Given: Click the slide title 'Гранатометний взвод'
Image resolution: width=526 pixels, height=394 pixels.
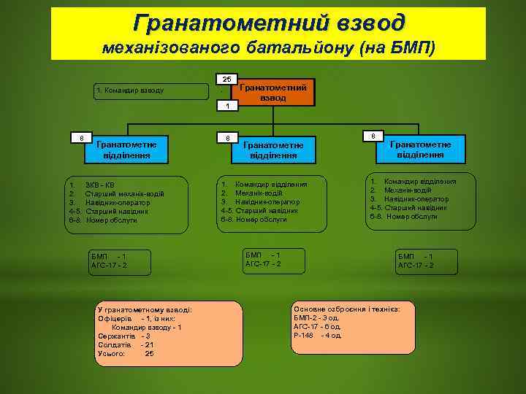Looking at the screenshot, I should click(268, 23).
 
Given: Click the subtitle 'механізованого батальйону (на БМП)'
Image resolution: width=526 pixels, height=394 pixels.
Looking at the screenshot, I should click(268, 48).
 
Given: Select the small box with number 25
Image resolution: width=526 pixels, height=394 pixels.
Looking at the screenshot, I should click(227, 79).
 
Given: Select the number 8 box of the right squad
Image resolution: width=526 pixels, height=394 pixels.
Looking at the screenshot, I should click(373, 136).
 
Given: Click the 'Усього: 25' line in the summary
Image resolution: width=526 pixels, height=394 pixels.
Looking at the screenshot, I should click(125, 354).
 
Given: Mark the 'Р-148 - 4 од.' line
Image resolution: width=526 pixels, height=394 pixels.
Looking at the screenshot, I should click(317, 336).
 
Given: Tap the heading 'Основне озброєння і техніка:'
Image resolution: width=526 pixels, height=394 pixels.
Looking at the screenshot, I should click(346, 309).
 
